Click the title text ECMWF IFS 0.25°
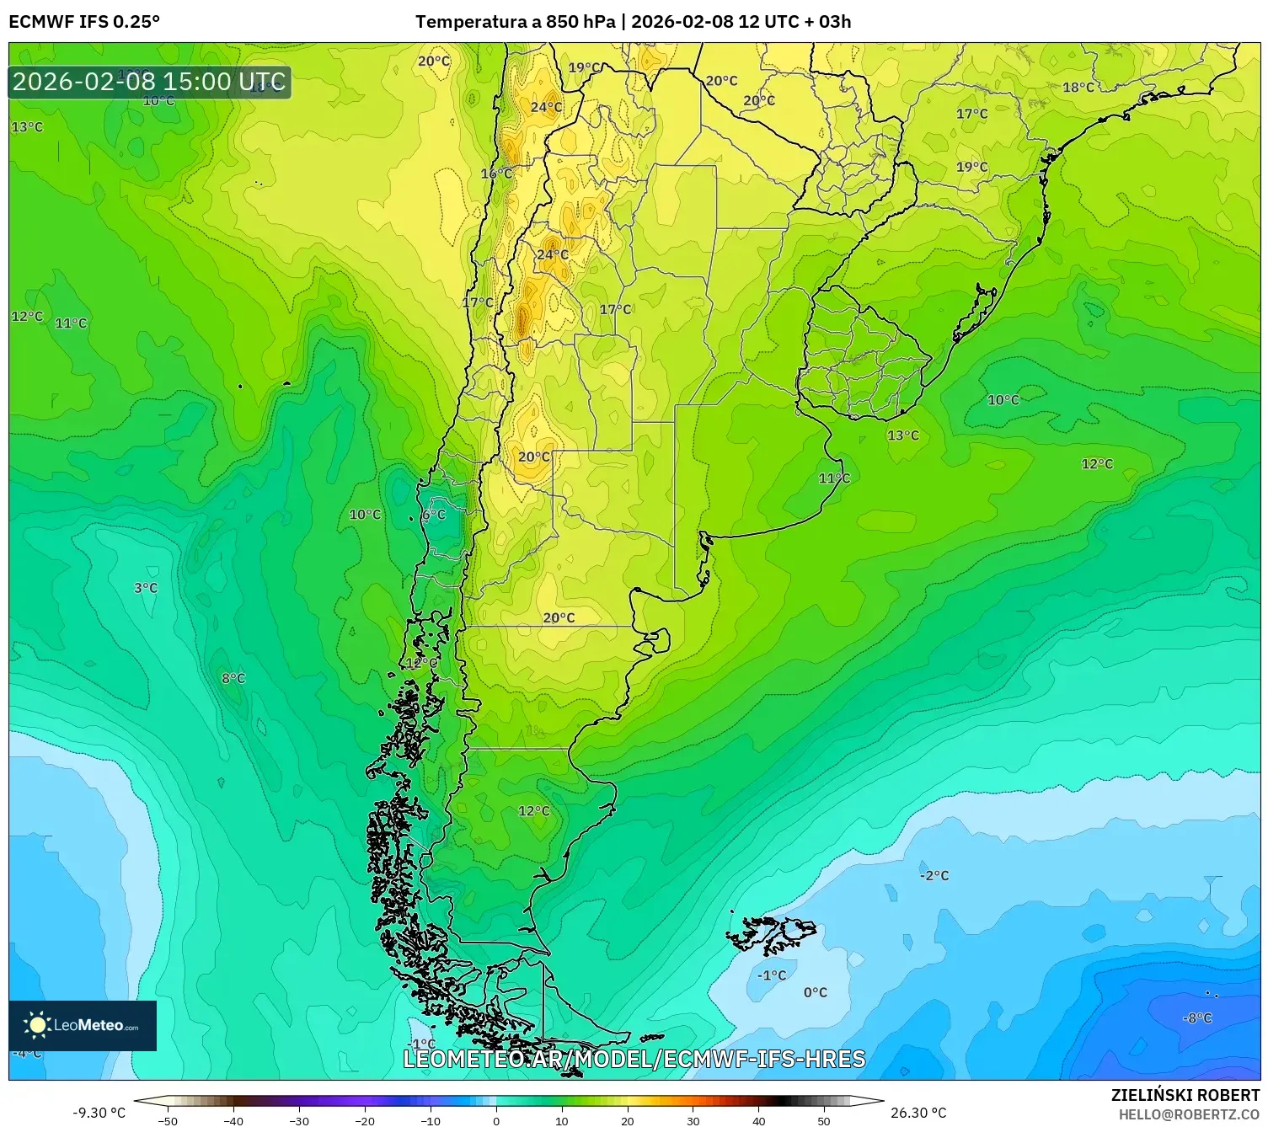[x=84, y=22]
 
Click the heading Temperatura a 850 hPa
[x=515, y=22]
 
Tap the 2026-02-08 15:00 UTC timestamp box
[x=149, y=82]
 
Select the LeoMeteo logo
[x=83, y=1025]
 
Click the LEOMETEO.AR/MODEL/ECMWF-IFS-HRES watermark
[x=634, y=1059]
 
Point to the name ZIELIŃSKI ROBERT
[x=1185, y=1096]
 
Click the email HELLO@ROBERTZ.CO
[x=1189, y=1114]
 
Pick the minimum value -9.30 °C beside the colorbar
[x=99, y=1113]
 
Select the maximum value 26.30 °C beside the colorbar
[x=918, y=1113]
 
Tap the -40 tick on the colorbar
[x=233, y=1120]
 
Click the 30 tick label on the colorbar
[x=693, y=1120]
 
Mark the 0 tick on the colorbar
[x=495, y=1120]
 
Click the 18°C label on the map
[x=1078, y=88]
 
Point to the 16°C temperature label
[x=496, y=174]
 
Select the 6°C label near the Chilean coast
[x=434, y=514]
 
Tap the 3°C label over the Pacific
[x=146, y=588]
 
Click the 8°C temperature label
[x=233, y=678]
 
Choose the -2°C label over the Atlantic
[x=934, y=875]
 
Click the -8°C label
[x=1196, y=1018]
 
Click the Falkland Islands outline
[x=771, y=933]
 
